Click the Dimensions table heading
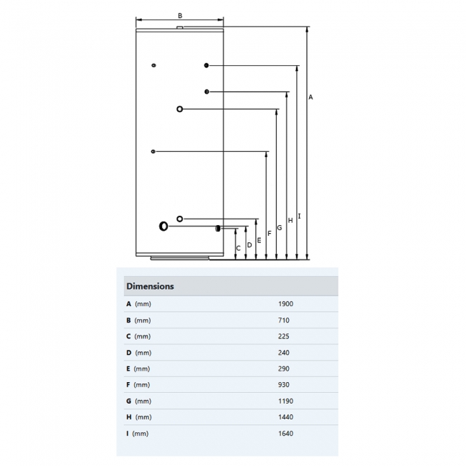coord(150,286)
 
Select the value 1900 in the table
coord(285,304)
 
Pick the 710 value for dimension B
coord(283,320)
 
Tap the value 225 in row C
coord(283,336)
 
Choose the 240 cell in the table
coord(283,353)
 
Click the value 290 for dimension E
coord(283,368)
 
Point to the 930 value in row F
coord(283,385)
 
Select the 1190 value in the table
coord(285,401)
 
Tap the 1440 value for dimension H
coord(285,417)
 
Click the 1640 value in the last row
coord(285,433)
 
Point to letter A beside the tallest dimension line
coord(310,97)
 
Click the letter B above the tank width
coord(180,15)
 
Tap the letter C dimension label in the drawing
coord(239,248)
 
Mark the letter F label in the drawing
coord(270,233)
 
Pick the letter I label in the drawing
coord(299,216)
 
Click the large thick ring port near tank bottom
coord(164,227)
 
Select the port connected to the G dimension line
coord(179,109)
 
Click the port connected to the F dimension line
coord(153,151)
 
